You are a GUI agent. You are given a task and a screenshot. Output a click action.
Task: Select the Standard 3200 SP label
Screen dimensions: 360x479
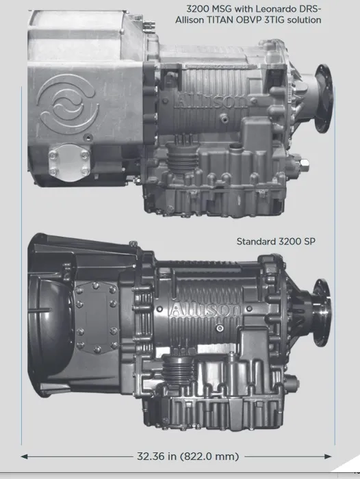pos(276,242)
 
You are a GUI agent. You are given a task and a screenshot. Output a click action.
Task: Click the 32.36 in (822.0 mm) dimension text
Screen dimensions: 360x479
pos(188,456)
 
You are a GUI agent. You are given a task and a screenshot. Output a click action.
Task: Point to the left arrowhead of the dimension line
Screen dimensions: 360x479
pos(24,456)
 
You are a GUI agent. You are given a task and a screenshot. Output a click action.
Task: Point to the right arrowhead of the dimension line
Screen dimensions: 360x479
pos(329,456)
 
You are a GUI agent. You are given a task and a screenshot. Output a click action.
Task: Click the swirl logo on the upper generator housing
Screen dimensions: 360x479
pos(68,104)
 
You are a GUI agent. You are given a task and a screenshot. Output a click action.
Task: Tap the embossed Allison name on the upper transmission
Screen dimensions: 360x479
pos(211,101)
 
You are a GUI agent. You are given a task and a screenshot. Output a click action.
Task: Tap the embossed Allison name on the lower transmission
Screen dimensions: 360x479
pos(206,309)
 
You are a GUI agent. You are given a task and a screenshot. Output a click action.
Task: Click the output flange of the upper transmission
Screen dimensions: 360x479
pos(324,99)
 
